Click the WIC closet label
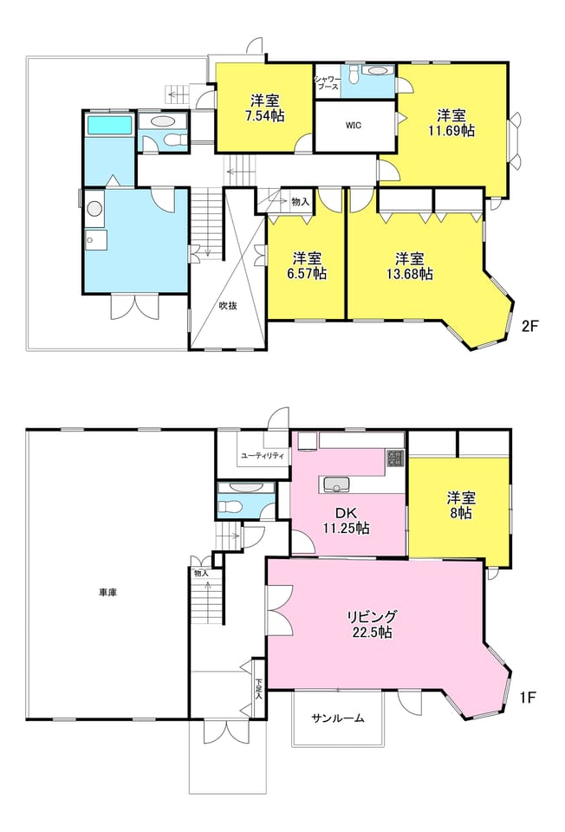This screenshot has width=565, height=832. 354,126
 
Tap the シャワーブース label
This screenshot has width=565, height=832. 328,82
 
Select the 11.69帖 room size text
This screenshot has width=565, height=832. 451,131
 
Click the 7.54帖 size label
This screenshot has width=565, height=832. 266,115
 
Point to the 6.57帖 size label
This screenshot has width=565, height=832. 308,273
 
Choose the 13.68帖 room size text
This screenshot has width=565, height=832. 410,273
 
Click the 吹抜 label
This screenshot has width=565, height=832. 228,306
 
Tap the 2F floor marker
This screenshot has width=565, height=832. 530,326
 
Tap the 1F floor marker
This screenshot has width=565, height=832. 529,697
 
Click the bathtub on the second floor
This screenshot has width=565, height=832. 109,125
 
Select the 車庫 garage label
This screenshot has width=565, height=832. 107,593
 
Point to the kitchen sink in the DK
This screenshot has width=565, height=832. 334,484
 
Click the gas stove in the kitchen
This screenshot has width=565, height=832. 395,458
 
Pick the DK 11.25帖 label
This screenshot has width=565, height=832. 347,521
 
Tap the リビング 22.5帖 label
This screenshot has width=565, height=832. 372,624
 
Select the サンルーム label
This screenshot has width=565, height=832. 338,718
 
